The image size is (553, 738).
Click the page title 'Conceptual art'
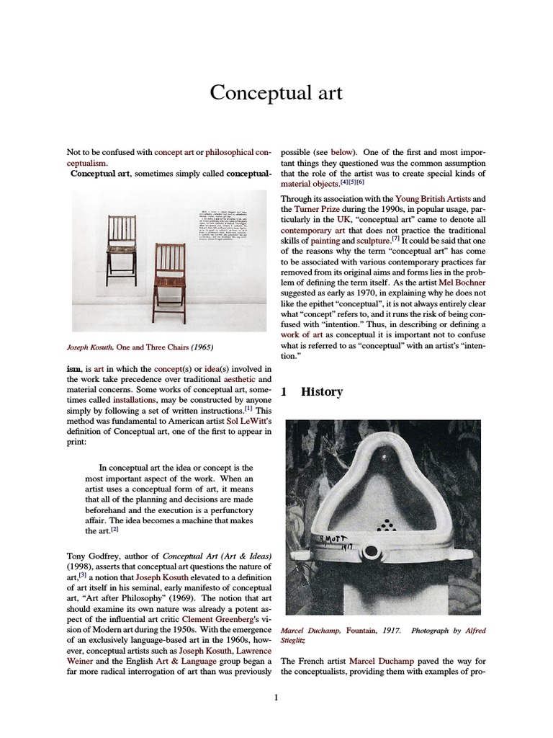(276, 93)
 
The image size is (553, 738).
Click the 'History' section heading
(321, 391)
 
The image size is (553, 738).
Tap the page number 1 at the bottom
(276, 696)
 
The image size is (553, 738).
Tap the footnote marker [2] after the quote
(114, 530)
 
